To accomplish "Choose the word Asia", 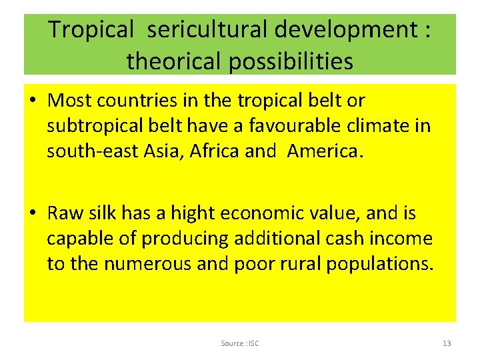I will click(x=162, y=151).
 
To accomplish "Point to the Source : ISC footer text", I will click(x=240, y=343).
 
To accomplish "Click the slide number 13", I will click(x=447, y=343).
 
